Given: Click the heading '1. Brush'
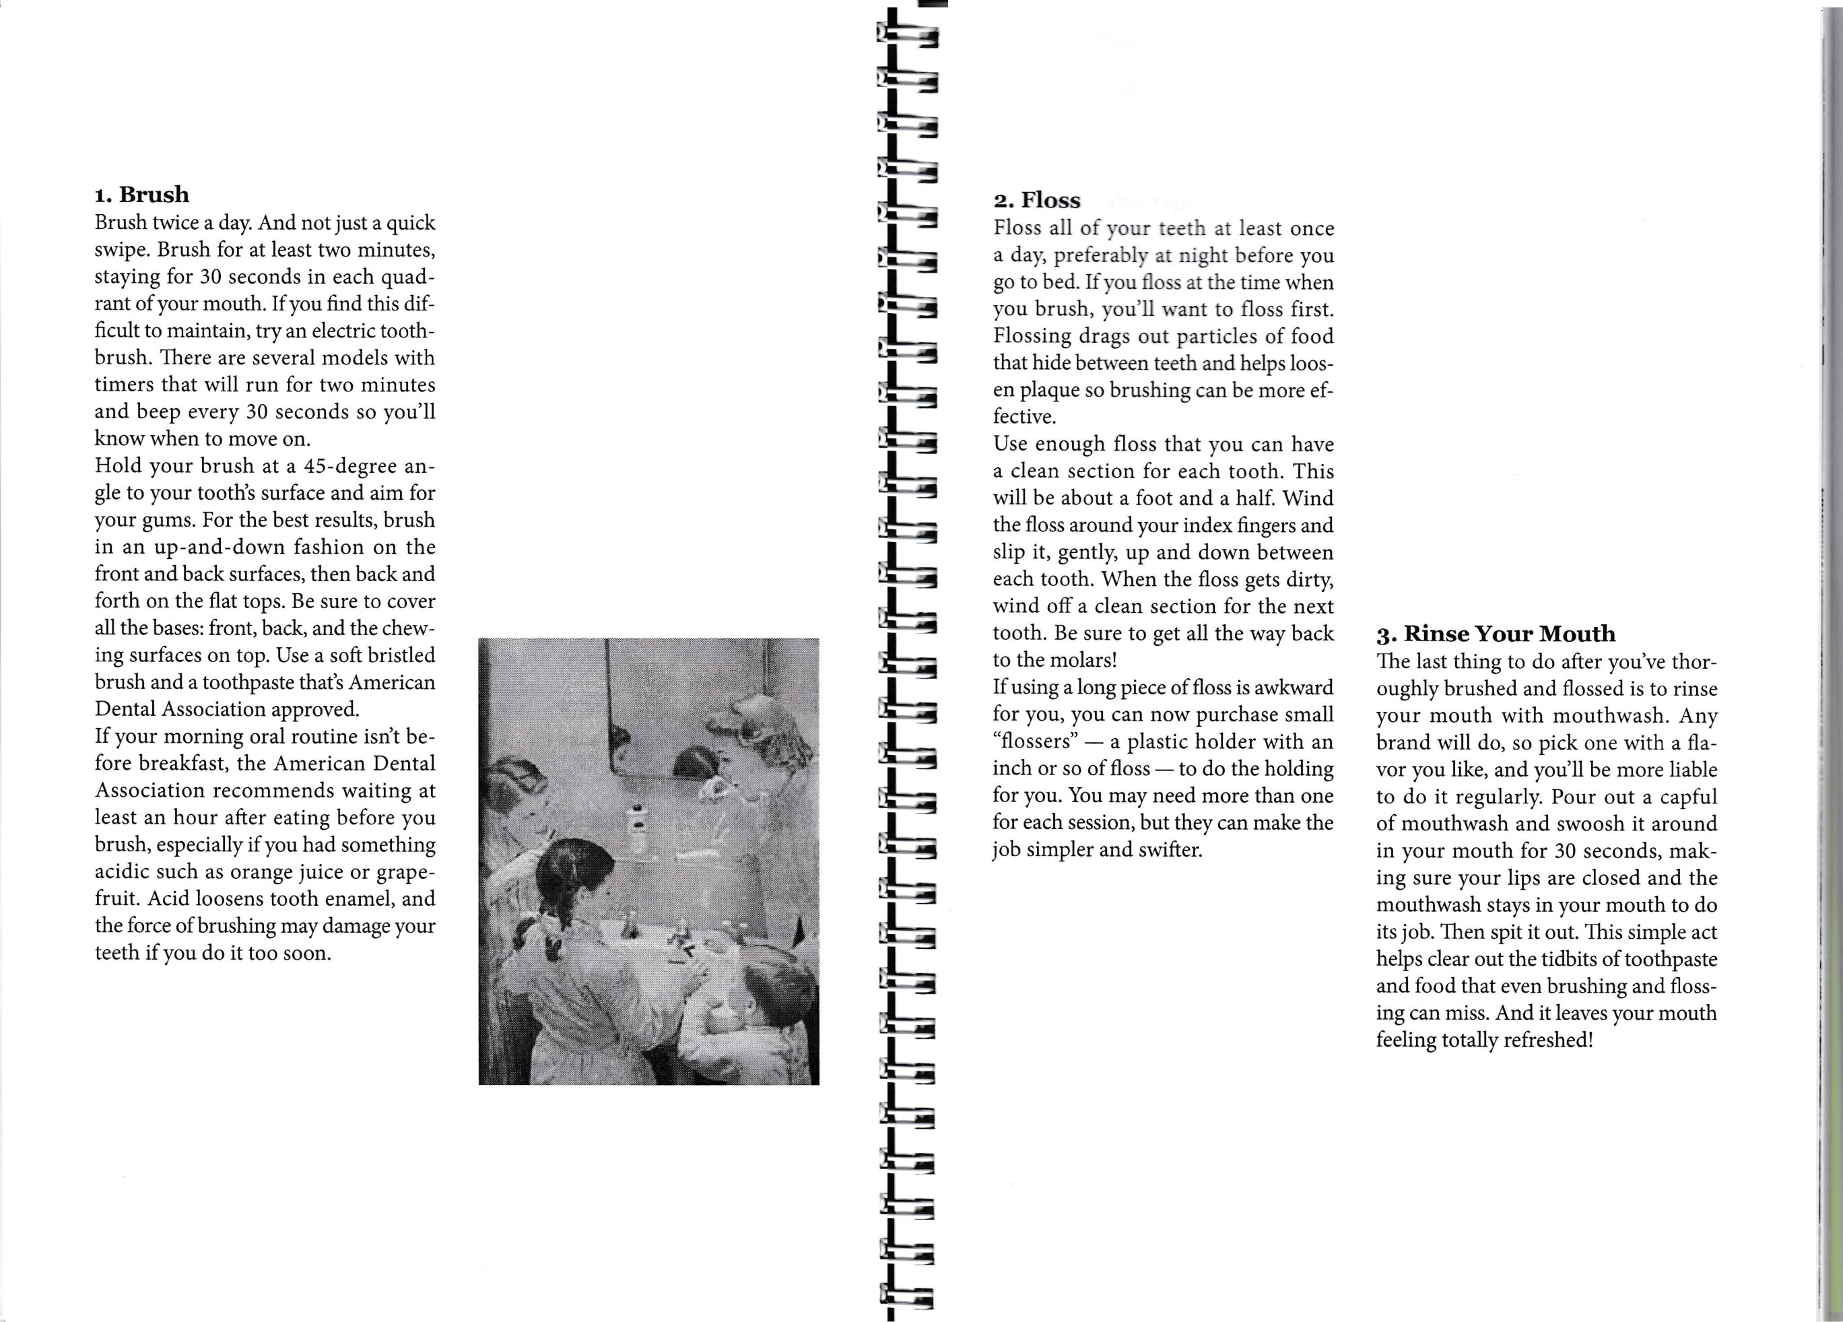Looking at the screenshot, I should point(142,195).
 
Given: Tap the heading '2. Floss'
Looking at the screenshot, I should point(1037,201).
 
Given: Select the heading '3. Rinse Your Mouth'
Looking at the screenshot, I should point(1495,634).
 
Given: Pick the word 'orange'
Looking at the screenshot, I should point(275,872).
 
